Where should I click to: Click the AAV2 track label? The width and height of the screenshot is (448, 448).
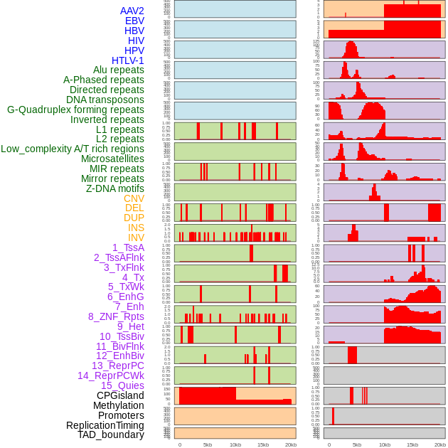pyautogui.click(x=132, y=11)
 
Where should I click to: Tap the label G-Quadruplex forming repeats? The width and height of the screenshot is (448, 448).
pyautogui.click(x=75, y=110)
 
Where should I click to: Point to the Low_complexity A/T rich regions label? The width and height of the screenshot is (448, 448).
pyautogui.click(x=73, y=149)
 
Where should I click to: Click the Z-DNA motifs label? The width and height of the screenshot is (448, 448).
pyautogui.click(x=114, y=188)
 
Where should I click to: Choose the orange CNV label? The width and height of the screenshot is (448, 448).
pyautogui.click(x=134, y=198)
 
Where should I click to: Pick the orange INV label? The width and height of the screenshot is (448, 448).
pyautogui.click(x=136, y=238)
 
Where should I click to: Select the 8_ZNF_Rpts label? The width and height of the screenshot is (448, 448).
pyautogui.click(x=116, y=316)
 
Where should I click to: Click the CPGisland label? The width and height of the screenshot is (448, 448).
pyautogui.click(x=120, y=395)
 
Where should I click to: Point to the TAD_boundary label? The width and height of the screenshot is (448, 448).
pyautogui.click(x=110, y=434)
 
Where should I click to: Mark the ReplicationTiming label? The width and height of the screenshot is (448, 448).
pyautogui.click(x=105, y=425)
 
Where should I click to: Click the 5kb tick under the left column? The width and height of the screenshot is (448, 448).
pyautogui.click(x=208, y=444)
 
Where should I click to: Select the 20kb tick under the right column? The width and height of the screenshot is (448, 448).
pyautogui.click(x=440, y=444)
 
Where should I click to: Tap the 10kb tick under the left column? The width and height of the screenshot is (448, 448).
pyautogui.click(x=235, y=444)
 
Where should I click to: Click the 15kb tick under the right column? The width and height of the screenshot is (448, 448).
pyautogui.click(x=412, y=444)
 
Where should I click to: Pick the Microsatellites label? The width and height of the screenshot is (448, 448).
pyautogui.click(x=112, y=159)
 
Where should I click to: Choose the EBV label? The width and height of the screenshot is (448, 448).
pyautogui.click(x=134, y=21)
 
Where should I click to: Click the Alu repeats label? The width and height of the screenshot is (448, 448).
pyautogui.click(x=118, y=70)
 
